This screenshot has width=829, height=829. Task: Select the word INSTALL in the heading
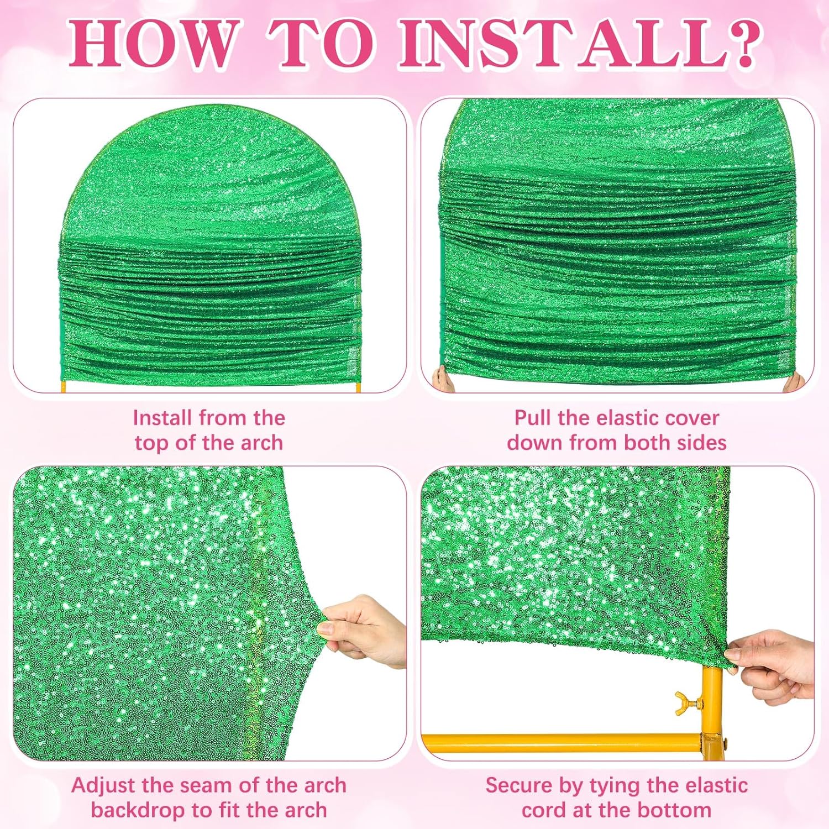pos(558,43)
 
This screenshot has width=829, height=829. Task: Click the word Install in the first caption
pos(163,418)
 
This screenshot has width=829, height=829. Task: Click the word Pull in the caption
pos(533,418)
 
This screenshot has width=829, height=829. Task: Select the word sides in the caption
pos(701,443)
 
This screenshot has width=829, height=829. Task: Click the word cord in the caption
pos(544,810)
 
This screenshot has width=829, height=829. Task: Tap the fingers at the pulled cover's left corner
pos(442,379)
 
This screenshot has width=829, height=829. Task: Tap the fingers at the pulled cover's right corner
pos(795,381)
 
